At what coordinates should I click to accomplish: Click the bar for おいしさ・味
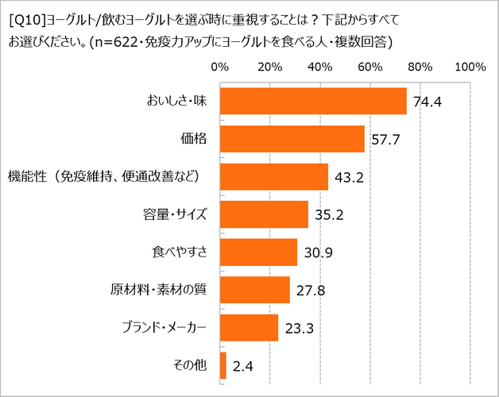click(313, 101)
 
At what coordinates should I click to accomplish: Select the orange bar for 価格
click(292, 139)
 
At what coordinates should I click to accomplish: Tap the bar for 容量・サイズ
click(264, 214)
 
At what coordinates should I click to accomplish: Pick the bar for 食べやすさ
click(258, 252)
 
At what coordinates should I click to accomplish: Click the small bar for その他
click(223, 365)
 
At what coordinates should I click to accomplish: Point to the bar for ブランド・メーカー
click(249, 328)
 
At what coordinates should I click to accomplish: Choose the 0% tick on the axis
click(219, 67)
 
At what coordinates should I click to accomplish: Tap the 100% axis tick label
click(470, 67)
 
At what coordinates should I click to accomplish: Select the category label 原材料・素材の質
click(159, 290)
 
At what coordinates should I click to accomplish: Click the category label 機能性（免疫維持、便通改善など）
click(103, 176)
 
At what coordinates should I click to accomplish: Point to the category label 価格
click(194, 139)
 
